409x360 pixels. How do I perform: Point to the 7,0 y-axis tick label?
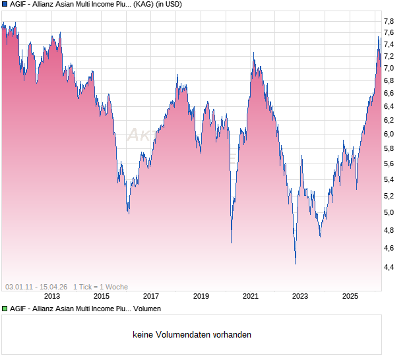pyautogui.click(x=389, y=68)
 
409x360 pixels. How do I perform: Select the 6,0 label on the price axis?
pyautogui.click(x=389, y=134)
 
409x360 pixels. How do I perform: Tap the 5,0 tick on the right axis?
pyautogui.click(x=389, y=212)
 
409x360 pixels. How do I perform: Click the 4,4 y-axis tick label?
pyautogui.click(x=389, y=267)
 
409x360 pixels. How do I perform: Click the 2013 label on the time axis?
pyautogui.click(x=51, y=297)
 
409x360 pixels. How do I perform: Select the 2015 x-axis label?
pyautogui.click(x=101, y=297)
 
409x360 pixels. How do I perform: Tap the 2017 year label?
pyautogui.click(x=151, y=297)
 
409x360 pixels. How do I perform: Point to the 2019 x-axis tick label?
pyautogui.click(x=201, y=297)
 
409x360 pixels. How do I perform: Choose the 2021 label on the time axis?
pyautogui.click(x=251, y=297)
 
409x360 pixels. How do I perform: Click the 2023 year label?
pyautogui.click(x=300, y=297)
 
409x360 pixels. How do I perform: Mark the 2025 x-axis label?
pyautogui.click(x=350, y=297)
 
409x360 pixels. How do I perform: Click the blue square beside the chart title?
pyautogui.click(x=5, y=5)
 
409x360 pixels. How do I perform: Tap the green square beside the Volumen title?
pyautogui.click(x=5, y=309)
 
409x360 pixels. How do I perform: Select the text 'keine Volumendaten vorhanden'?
pyautogui.click(x=192, y=335)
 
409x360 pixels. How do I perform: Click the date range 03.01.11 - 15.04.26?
pyautogui.click(x=36, y=287)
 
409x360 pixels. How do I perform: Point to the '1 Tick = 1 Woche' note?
pyautogui.click(x=100, y=287)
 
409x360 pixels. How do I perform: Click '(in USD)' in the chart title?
pyautogui.click(x=165, y=5)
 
